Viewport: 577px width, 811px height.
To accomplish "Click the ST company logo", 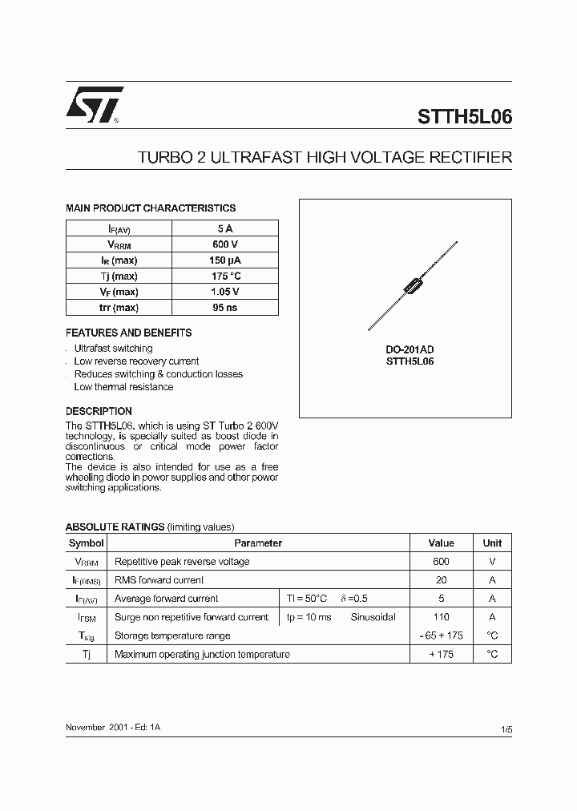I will (x=94, y=105).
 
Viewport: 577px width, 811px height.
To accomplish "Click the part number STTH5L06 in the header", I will (x=464, y=117).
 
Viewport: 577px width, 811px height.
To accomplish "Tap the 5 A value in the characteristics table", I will (x=224, y=228).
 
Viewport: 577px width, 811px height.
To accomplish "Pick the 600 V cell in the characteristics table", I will (x=224, y=244).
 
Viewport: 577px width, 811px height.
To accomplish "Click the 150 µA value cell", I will (x=224, y=260).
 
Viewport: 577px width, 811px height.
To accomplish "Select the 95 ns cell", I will (x=224, y=308).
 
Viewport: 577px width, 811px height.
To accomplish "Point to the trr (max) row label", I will (x=119, y=308).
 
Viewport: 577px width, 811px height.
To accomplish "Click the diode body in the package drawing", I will (x=414, y=284).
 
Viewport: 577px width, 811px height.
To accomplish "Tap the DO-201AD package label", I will (x=410, y=350).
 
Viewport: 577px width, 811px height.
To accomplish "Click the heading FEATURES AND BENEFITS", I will (x=128, y=333).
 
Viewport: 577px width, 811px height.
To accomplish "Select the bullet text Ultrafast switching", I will (x=113, y=349).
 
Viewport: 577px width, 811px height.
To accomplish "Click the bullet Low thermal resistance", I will (x=123, y=387).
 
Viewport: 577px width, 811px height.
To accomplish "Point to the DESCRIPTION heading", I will (x=99, y=412).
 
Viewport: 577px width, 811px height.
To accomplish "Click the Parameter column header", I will (x=258, y=543).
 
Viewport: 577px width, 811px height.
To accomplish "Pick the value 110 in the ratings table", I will (x=441, y=617).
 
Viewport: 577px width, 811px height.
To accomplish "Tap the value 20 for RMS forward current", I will (x=441, y=580).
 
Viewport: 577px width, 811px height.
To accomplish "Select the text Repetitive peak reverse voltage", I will (x=182, y=562).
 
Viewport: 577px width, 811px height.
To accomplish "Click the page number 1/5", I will (x=506, y=730).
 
